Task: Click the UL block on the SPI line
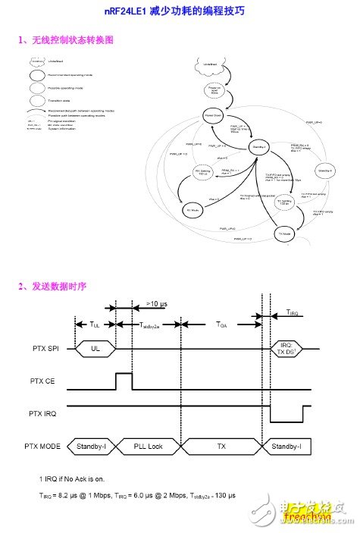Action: (x=94, y=350)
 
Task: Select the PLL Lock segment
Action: (x=149, y=447)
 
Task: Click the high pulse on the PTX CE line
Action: (x=123, y=380)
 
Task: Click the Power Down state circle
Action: (x=213, y=115)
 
